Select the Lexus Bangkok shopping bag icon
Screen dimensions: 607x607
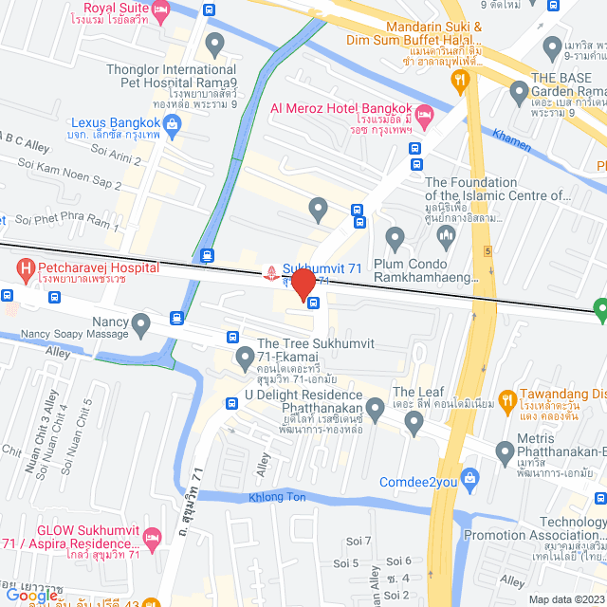point(172,122)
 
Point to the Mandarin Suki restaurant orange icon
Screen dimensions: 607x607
point(462,82)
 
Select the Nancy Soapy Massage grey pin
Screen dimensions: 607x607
point(141,327)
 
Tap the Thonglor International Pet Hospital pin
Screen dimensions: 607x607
point(214,43)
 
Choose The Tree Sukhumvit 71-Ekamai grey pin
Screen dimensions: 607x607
point(245,359)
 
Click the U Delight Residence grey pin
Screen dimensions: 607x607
point(375,410)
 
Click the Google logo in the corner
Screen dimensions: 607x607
point(31,596)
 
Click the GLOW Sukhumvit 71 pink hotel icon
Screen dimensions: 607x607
point(151,539)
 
